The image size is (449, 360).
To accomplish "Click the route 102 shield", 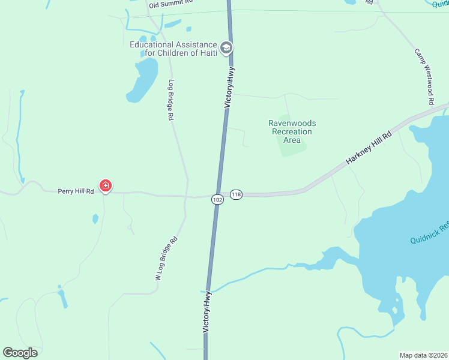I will (217, 199).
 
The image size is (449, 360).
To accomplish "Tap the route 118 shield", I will (237, 194).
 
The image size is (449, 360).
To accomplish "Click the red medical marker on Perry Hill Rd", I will (106, 187).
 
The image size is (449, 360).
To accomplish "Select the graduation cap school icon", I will (226, 48).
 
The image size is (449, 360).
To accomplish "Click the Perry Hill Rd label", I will (76, 191).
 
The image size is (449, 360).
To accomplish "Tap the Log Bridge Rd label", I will (171, 100).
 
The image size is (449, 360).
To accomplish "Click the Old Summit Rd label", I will (171, 3).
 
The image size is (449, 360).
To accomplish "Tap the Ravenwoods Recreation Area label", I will (292, 131).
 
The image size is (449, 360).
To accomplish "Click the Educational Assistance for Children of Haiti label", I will (174, 49).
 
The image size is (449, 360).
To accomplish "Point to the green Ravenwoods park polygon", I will (293, 147).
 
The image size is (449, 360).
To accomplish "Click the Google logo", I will (20, 353).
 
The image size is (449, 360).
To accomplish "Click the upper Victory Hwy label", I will (229, 88).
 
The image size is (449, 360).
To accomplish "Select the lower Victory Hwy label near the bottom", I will (206, 312).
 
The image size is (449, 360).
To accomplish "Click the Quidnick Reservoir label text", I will (430, 233).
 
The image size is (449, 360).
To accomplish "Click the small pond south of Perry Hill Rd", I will (95, 219).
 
